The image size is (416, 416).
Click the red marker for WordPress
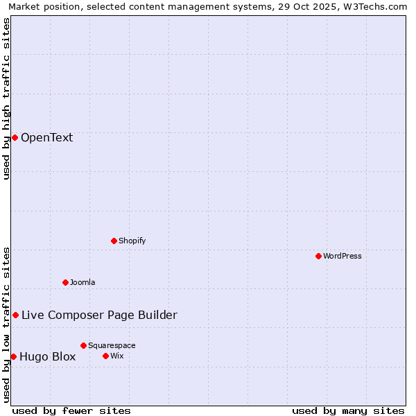tap(318, 256)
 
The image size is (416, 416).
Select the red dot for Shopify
tap(114, 241)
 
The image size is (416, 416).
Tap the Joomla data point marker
tap(65, 282)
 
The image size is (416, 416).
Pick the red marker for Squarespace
tap(83, 345)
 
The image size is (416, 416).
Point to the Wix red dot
tap(105, 356)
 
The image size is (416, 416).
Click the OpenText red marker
tap(15, 137)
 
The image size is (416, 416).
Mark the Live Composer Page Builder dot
tap(15, 315)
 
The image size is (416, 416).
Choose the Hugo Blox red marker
tap(13, 356)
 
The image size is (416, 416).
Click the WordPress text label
tap(343, 256)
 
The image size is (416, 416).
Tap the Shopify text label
tap(132, 241)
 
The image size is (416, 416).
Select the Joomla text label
tap(83, 282)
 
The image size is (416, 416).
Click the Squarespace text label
tap(112, 345)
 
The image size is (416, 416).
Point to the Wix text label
tap(116, 356)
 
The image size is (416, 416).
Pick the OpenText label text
tap(46, 137)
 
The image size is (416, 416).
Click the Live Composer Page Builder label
tap(99, 315)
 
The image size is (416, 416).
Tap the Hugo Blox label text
tap(47, 356)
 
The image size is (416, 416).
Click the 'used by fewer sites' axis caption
tap(71, 410)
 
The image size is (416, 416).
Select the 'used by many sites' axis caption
tap(348, 410)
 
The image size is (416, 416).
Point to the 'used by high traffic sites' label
tap(7, 98)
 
